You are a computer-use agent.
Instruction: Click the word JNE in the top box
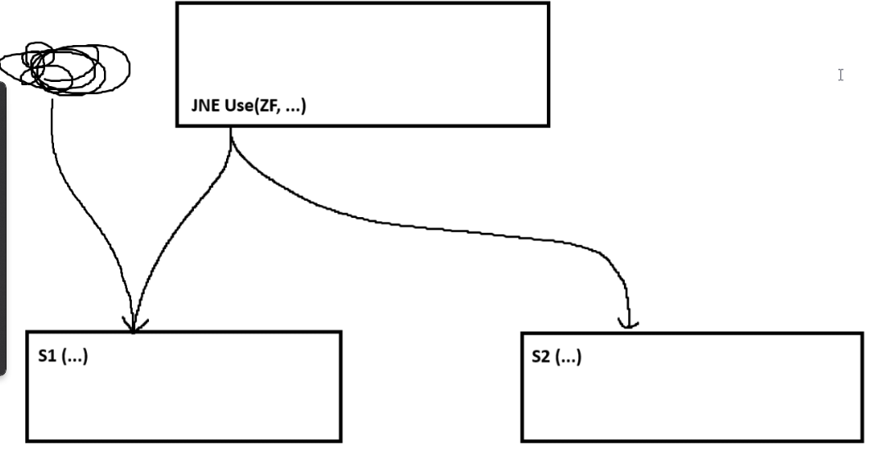[x=206, y=107]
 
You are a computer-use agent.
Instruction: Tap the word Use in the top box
[x=235, y=107]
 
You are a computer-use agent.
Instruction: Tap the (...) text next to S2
[x=567, y=357]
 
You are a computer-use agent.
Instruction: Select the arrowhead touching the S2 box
[x=628, y=325]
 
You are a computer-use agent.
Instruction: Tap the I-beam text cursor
[x=840, y=75]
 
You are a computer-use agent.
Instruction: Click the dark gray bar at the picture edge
[x=3, y=229]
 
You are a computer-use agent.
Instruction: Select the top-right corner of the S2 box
[x=861, y=334]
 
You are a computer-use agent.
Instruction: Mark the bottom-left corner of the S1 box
[x=28, y=441]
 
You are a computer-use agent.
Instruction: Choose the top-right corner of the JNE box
[x=548, y=3]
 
